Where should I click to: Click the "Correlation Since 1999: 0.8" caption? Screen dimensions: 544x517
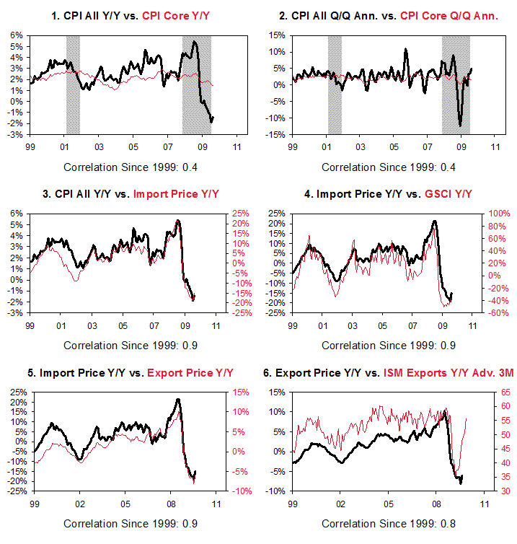pyautogui.click(x=388, y=524)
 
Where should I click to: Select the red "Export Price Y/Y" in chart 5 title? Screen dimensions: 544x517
pyautogui.click(x=190, y=373)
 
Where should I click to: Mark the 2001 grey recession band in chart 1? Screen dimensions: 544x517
pyautogui.click(x=73, y=84)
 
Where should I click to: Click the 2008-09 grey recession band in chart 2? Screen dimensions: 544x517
pyautogui.click(x=456, y=84)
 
